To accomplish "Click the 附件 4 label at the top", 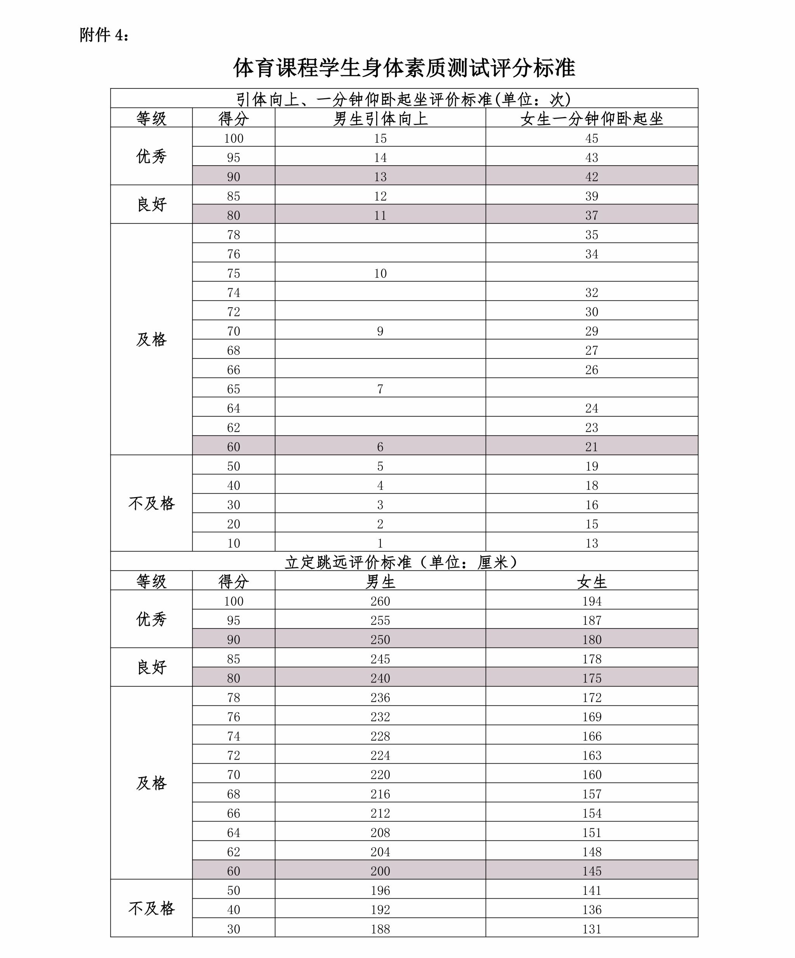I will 104,35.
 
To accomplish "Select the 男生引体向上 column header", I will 380,119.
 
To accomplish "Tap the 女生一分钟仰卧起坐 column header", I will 592,119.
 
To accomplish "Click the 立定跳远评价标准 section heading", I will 404,562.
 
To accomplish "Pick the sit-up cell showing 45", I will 592,138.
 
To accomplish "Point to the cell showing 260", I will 380,601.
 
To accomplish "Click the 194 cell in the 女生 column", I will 592,601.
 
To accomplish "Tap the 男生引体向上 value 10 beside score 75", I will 380,273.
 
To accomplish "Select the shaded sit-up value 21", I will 592,447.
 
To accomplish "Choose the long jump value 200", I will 380,871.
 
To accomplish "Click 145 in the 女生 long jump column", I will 592,871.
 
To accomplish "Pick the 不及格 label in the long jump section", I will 151,909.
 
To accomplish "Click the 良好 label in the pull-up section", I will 151,204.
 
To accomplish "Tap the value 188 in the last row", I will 380,929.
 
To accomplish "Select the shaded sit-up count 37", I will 592,215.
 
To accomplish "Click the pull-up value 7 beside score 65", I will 380,389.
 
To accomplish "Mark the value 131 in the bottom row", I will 592,929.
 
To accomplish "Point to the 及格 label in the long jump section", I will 151,783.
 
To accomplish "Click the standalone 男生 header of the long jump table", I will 380,582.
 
